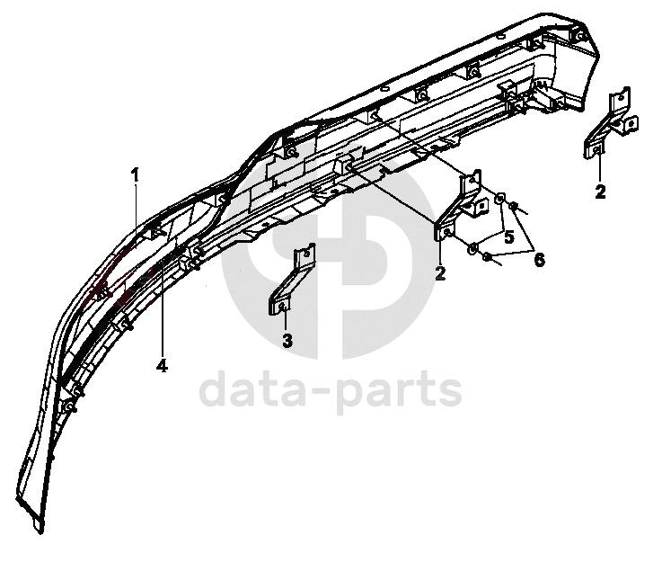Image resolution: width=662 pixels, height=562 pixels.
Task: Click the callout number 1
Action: [136, 174]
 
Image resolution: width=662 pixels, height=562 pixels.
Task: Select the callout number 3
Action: [287, 341]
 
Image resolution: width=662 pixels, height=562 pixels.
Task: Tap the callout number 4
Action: [163, 366]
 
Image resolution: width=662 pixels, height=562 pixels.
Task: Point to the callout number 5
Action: [508, 238]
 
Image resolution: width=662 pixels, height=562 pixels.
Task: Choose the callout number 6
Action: [539, 259]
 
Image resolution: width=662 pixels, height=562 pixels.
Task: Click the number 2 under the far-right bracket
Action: [600, 191]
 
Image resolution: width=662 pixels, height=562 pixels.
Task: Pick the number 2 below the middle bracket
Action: [440, 273]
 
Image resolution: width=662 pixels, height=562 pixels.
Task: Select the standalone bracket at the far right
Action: [611, 126]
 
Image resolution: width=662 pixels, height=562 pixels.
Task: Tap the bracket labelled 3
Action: [291, 283]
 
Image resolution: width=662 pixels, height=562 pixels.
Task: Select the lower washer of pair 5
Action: [473, 246]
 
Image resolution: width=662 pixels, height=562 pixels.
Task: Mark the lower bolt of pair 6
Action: [488, 257]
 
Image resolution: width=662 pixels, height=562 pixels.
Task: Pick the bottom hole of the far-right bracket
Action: [598, 151]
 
